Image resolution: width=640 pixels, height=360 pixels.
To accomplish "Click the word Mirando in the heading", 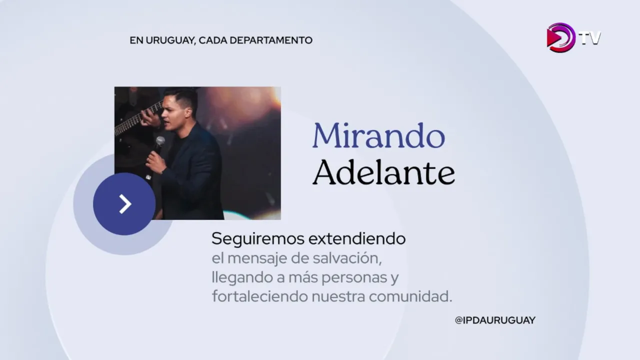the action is point(379,135).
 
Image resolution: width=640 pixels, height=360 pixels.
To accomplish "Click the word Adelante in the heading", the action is point(383,172).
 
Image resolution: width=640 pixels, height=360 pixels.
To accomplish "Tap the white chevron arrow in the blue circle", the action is point(125,204).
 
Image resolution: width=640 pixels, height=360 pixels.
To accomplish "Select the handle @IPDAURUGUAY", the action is point(495,320).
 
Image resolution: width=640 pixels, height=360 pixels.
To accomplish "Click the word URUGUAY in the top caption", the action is point(171,40).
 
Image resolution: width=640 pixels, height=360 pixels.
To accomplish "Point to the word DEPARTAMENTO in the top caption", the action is point(271,40).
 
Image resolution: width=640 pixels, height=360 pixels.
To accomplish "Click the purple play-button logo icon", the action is point(560,37).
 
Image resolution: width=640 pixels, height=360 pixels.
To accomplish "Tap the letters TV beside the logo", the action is point(590,38).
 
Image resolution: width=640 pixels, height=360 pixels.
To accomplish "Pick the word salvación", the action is point(347,258).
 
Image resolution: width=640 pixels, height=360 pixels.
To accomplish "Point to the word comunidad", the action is point(410,296).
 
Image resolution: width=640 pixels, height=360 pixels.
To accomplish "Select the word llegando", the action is point(242,277).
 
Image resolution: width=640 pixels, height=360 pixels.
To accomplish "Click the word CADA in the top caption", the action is point(212,40).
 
